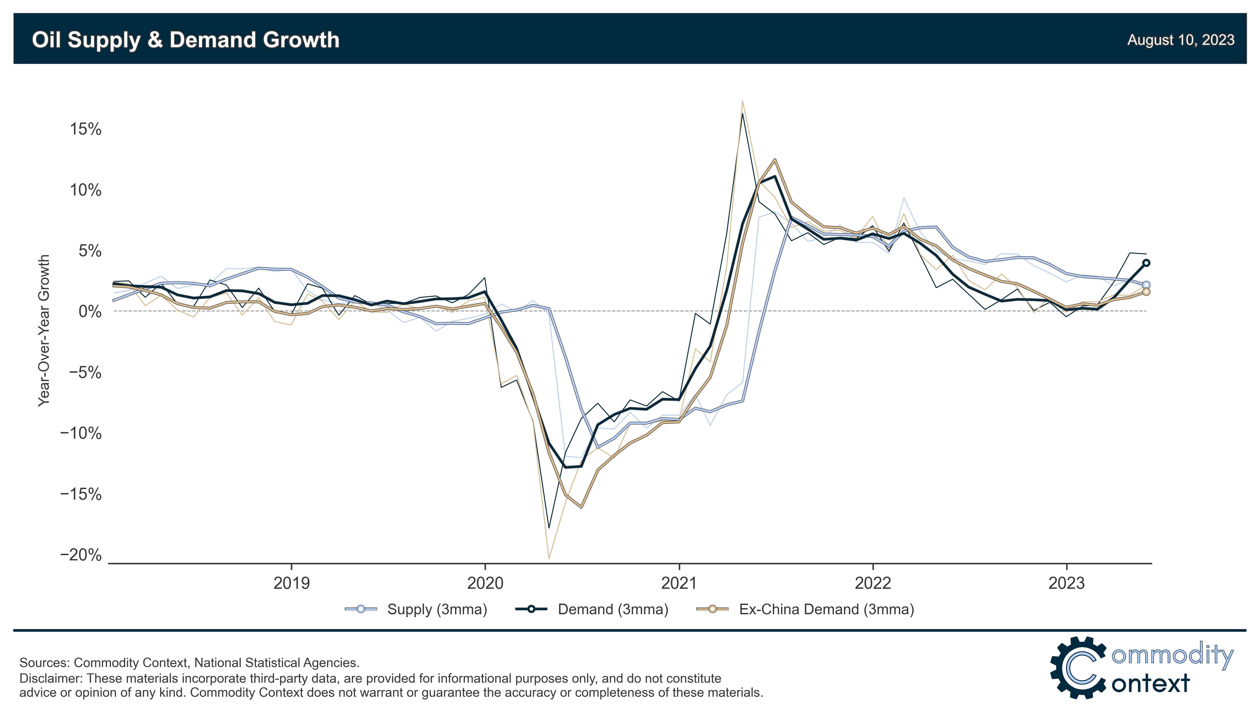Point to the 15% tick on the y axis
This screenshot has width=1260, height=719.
click(x=85, y=129)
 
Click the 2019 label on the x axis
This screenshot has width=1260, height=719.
click(x=291, y=583)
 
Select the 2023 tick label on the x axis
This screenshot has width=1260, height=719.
click(x=1066, y=583)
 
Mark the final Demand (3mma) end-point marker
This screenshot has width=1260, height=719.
click(x=1146, y=263)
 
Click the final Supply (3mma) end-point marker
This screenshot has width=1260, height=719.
click(x=1146, y=285)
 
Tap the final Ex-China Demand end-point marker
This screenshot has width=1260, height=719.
click(x=1146, y=292)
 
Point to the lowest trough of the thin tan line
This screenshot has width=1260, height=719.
click(x=549, y=559)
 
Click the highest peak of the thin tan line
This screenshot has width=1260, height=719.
click(x=742, y=101)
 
